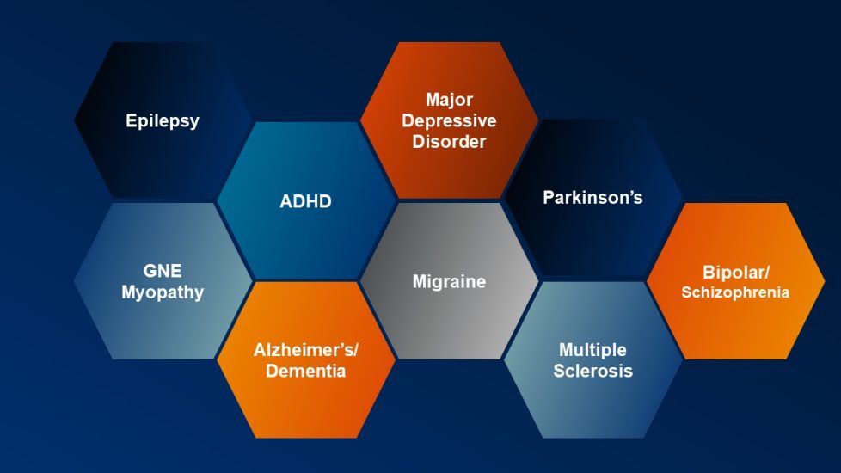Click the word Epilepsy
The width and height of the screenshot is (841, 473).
pos(163,120)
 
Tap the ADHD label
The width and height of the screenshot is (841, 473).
pos(305,202)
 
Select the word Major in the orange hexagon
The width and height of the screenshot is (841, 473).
pos(449,100)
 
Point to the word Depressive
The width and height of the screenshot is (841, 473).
pos(449,120)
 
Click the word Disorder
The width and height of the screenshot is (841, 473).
pos(449,141)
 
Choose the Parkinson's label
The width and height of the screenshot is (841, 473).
pos(592,197)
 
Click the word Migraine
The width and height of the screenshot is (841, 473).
pos(449,281)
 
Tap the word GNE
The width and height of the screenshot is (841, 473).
pos(163,271)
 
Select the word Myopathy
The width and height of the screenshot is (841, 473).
pos(163,292)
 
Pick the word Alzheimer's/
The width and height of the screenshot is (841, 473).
pos(305,350)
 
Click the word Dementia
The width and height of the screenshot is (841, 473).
pos(305,372)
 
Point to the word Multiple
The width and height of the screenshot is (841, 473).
pos(592,350)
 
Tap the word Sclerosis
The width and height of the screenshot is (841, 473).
pos(592,372)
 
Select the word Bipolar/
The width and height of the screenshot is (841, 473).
pos(736,272)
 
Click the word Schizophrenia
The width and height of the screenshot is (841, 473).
pos(736,292)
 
